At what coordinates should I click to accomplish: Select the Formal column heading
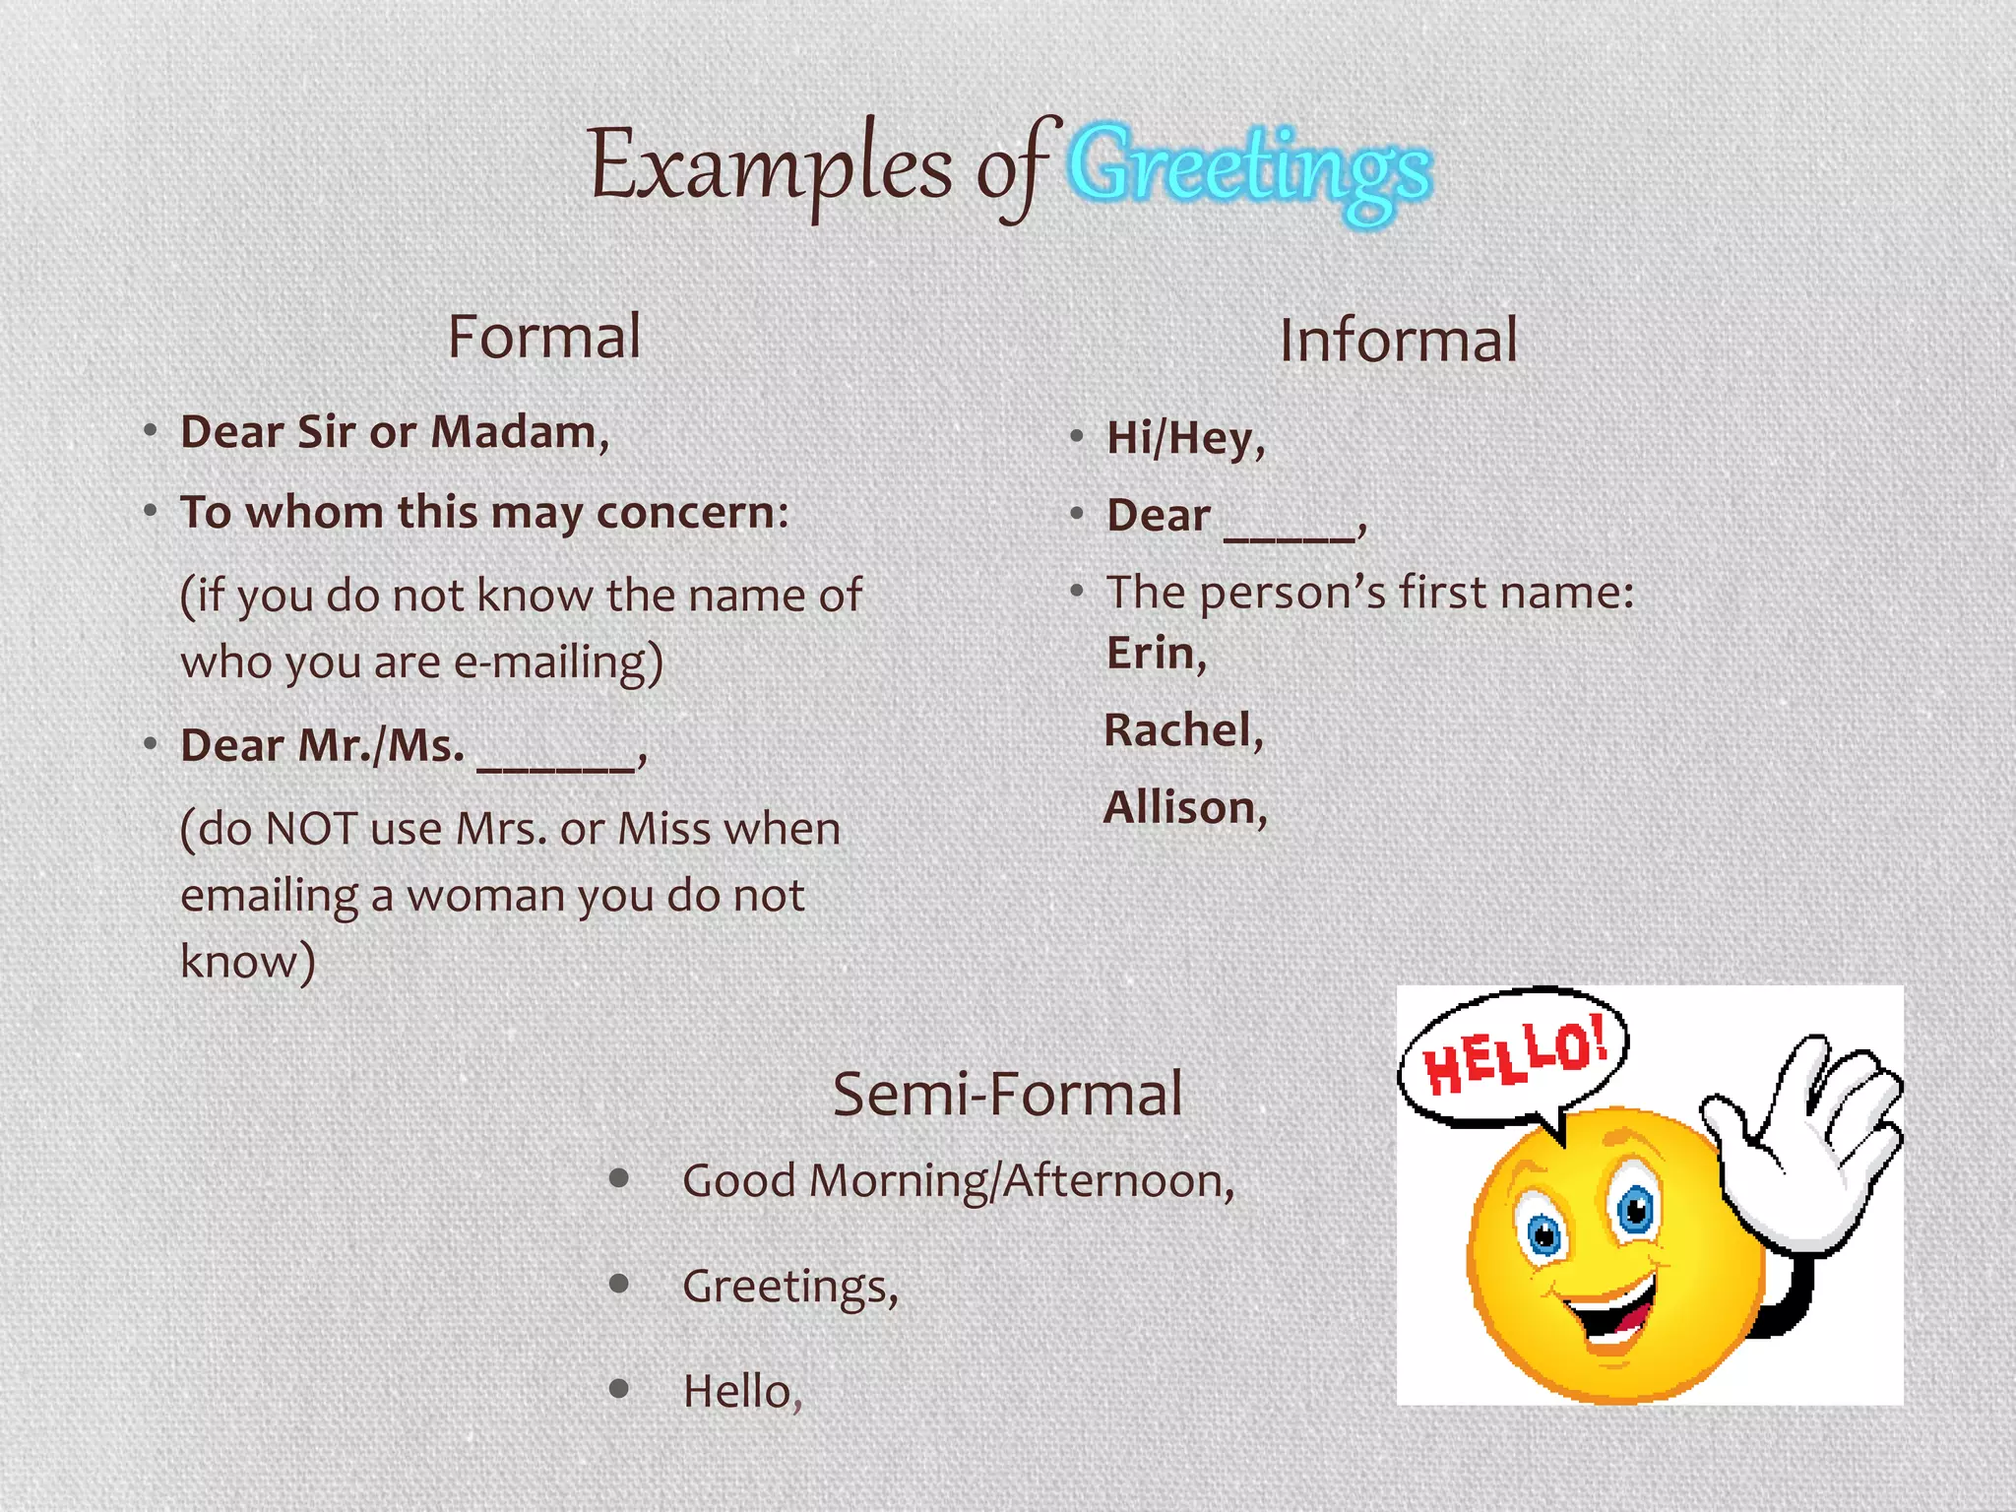pos(544,337)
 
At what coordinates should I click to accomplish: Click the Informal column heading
pos(1398,341)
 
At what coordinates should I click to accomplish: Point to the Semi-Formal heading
pos(1007,1094)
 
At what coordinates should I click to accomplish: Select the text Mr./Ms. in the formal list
pos(380,745)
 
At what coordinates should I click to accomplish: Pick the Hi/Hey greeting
pos(1184,438)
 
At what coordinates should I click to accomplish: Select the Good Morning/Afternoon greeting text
pos(957,1180)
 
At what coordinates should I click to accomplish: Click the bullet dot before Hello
pos(619,1389)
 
